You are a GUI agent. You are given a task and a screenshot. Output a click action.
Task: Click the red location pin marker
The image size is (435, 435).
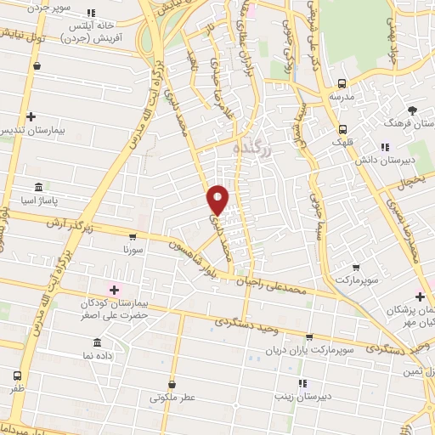[x=217, y=200]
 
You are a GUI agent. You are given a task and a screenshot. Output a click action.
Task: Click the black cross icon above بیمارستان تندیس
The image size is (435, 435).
[x=31, y=116]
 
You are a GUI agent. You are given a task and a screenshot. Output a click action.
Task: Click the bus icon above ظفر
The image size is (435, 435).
[x=18, y=376]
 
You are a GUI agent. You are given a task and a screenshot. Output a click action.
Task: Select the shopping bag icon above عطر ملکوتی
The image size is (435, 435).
[x=172, y=384]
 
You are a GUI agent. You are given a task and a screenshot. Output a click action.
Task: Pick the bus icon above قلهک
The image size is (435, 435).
[x=342, y=130]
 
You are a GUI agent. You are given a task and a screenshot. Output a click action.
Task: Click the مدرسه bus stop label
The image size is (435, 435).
[x=342, y=97]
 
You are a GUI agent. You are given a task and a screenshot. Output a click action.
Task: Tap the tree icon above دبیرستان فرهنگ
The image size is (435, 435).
[x=413, y=110]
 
